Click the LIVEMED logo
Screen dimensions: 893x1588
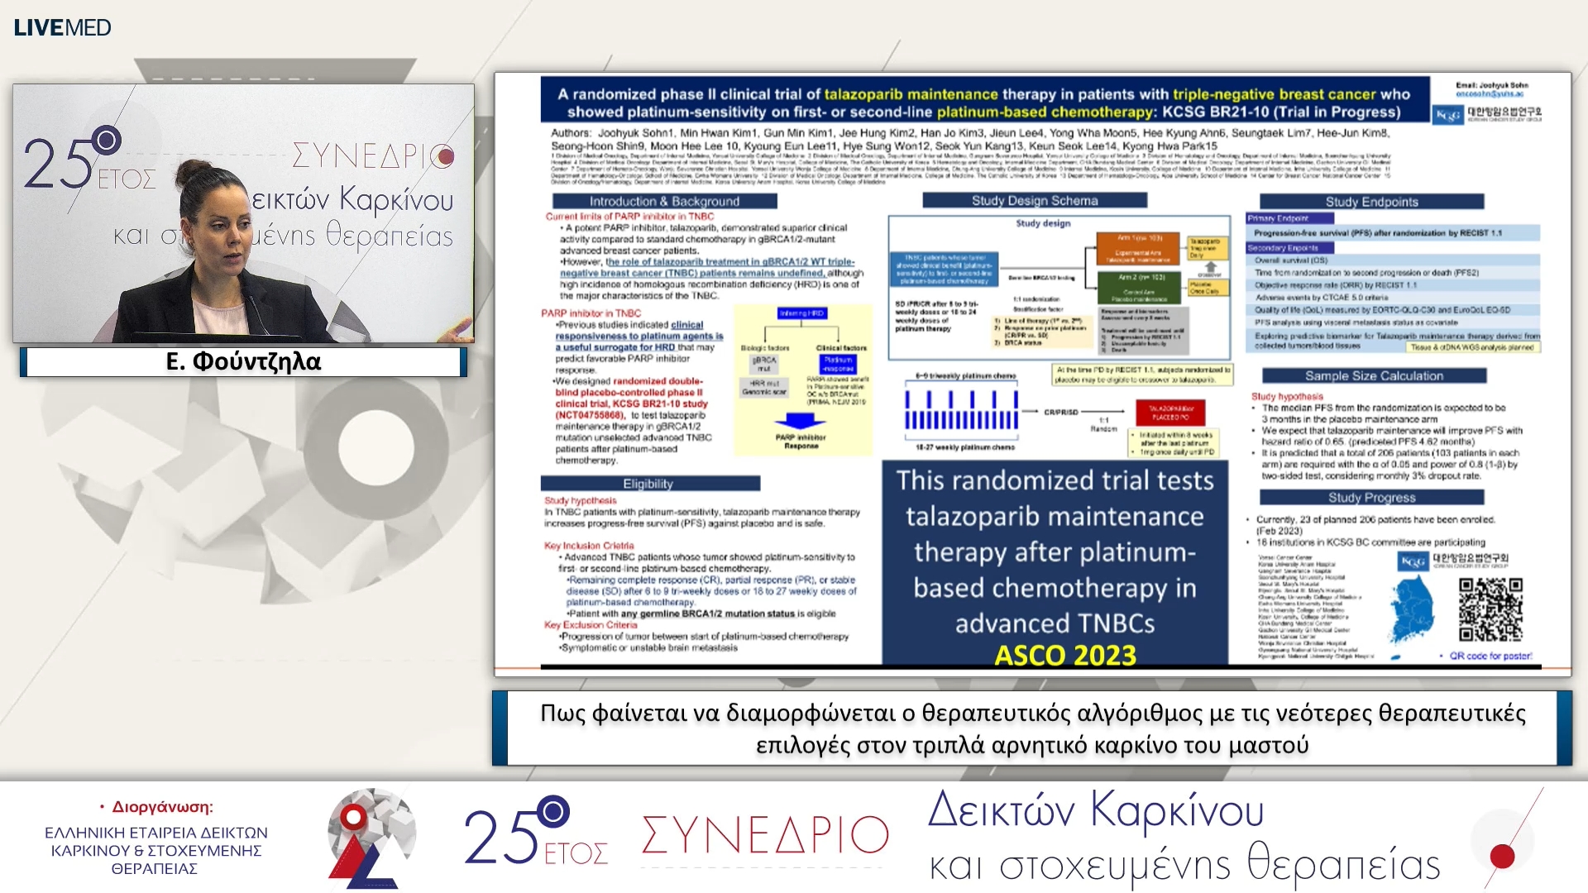62,27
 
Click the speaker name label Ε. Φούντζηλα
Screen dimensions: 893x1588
243,361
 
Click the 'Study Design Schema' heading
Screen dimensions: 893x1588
1034,200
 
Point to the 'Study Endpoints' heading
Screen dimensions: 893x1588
1371,202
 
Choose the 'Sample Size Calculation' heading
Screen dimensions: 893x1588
1373,375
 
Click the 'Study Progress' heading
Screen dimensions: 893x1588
1371,497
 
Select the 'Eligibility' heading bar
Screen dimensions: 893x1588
648,484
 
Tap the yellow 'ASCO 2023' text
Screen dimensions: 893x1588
1064,655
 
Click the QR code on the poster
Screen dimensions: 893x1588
1490,609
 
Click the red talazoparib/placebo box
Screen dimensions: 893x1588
1170,412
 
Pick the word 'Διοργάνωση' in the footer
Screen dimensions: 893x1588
162,807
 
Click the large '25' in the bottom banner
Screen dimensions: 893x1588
500,837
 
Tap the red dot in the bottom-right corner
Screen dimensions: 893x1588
1502,856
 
